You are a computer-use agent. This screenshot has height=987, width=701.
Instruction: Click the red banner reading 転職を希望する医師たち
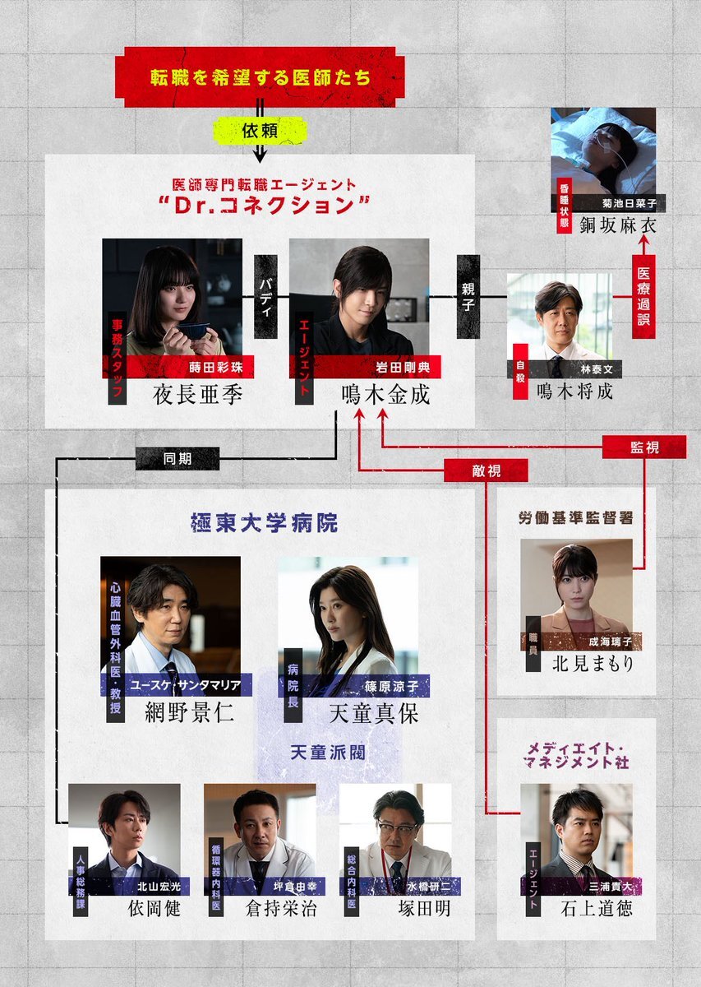tap(260, 77)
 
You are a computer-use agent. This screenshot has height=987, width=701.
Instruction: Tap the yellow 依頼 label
tap(260, 131)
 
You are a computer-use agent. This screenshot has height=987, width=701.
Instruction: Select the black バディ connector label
tap(265, 297)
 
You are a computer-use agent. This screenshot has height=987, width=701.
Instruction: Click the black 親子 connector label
tap(468, 297)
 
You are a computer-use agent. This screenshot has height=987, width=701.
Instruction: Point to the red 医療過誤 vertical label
tap(643, 297)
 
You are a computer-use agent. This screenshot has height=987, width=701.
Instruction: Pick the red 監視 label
tap(644, 447)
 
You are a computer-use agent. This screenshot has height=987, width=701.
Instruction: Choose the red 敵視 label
tap(487, 470)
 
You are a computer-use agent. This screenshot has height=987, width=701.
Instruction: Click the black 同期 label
tap(178, 459)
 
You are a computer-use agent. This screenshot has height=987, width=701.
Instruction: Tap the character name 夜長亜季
tap(198, 395)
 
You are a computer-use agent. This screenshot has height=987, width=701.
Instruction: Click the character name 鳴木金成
tap(385, 395)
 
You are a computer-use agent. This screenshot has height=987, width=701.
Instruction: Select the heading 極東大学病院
tap(264, 523)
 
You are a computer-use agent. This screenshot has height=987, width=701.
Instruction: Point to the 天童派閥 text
tap(328, 752)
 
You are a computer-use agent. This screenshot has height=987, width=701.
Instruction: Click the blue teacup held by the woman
tap(194, 331)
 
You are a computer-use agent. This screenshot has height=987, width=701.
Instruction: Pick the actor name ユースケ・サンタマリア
tap(186, 684)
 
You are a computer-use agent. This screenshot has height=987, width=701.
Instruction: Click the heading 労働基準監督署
tap(576, 517)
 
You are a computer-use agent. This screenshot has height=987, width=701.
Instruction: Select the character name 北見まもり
tap(593, 663)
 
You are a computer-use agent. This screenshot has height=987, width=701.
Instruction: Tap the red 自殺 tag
tap(520, 372)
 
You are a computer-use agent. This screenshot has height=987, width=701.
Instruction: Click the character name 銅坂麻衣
tap(618, 225)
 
